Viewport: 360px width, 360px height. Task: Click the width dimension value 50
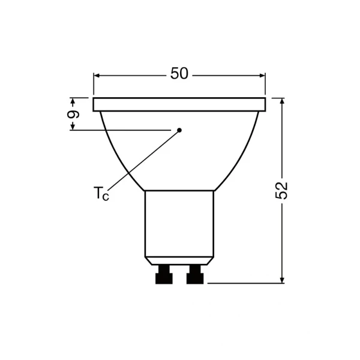179,73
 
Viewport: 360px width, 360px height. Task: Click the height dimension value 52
281,191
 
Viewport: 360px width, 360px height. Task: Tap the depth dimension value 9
73,114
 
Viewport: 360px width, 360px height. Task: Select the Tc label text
101,194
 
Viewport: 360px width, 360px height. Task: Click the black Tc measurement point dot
179,130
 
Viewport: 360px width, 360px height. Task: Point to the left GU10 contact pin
164,275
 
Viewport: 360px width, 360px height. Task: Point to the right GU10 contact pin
195,275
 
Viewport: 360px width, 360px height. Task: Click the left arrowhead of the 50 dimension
97,76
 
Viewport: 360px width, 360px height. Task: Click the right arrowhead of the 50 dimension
262,76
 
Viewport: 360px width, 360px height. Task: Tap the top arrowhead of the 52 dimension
282,101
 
